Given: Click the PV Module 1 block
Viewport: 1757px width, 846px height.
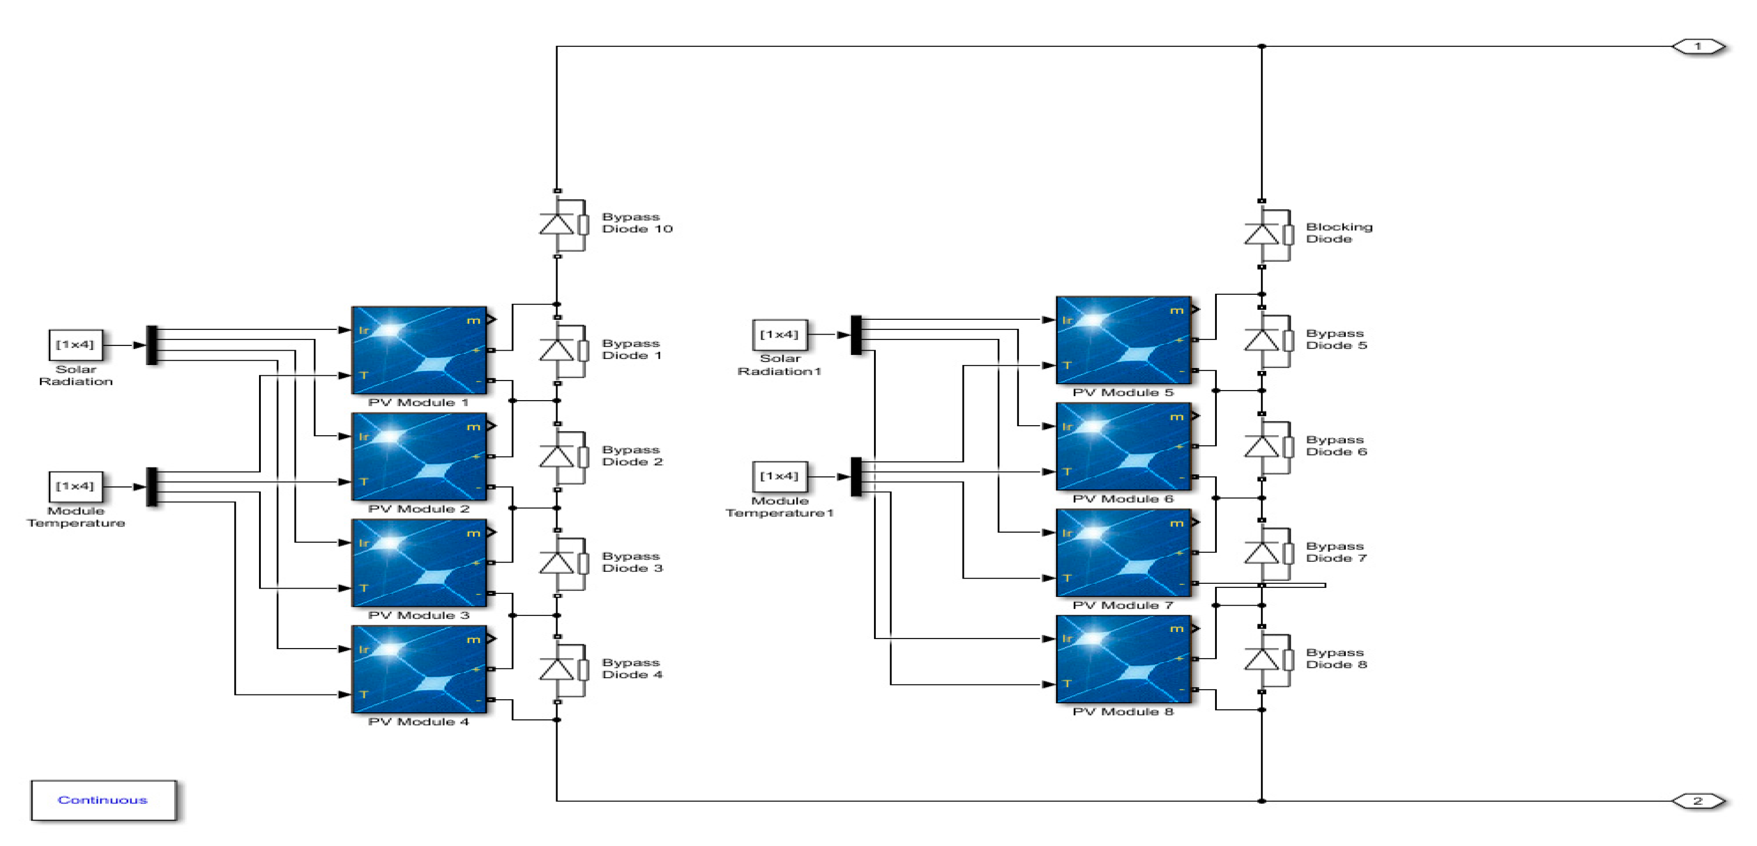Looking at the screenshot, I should point(419,350).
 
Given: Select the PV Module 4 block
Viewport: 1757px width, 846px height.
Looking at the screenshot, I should point(419,669).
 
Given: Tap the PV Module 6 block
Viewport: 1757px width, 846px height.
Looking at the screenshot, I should point(1124,446).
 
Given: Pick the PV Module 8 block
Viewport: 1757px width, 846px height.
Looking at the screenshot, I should point(1124,659).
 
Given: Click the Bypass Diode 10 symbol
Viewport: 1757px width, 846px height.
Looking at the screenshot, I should point(557,224).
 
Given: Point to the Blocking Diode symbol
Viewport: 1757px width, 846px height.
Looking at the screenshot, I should point(1262,234).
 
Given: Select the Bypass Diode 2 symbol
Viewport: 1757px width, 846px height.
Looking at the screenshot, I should point(557,457).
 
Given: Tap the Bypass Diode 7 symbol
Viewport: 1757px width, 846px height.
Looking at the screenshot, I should point(1262,553).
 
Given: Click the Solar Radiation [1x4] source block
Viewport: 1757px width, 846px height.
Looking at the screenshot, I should point(75,345).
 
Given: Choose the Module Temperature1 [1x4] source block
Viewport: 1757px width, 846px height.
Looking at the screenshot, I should point(780,476).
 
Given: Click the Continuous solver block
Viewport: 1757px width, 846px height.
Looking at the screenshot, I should point(103,800).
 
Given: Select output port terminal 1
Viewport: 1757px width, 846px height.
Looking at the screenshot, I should point(1698,46).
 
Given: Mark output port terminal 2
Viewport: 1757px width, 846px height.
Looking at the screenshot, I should point(1698,801).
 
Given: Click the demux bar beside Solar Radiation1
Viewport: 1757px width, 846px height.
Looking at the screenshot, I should point(856,335).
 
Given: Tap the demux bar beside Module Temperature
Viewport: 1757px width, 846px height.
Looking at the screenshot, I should point(152,486).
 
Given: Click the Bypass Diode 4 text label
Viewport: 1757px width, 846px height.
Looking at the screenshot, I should point(632,669).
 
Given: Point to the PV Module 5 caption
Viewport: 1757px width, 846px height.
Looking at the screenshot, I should point(1122,393).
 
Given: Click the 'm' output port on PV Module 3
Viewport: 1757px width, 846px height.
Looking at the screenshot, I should point(475,533).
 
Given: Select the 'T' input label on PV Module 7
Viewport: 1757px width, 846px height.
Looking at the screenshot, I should point(1067,578).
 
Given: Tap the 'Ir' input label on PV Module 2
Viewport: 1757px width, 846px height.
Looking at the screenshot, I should point(364,436).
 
